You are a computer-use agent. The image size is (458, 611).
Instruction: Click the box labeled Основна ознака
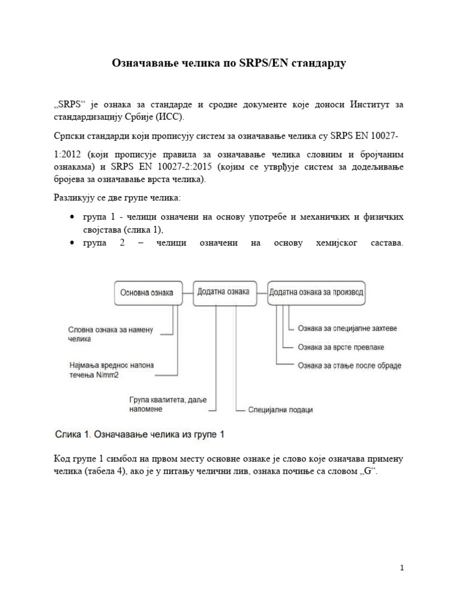click(x=147, y=293)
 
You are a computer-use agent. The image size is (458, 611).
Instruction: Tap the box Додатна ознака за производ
click(x=317, y=293)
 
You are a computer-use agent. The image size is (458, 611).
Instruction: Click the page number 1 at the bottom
click(x=403, y=568)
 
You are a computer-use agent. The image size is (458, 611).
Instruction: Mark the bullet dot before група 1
click(x=73, y=217)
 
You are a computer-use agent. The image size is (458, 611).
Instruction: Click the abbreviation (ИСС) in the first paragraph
click(x=170, y=116)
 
